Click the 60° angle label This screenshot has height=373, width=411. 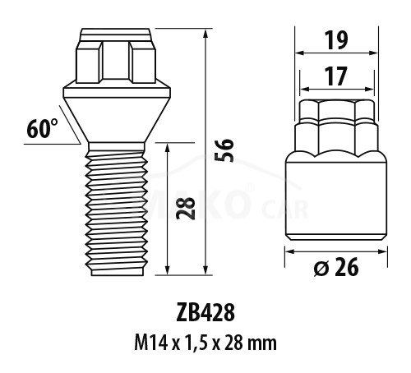coord(42,129)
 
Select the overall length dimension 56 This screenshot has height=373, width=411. coord(224,150)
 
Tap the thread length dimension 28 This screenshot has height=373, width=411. coord(186,208)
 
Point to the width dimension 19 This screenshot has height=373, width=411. coord(336,40)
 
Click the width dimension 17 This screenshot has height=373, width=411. coord(336,76)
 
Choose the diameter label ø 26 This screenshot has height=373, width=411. coord(336,266)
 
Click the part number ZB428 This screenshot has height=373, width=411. coord(205,313)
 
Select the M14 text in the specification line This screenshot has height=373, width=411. coord(150,343)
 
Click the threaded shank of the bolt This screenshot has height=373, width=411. coord(116,210)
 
